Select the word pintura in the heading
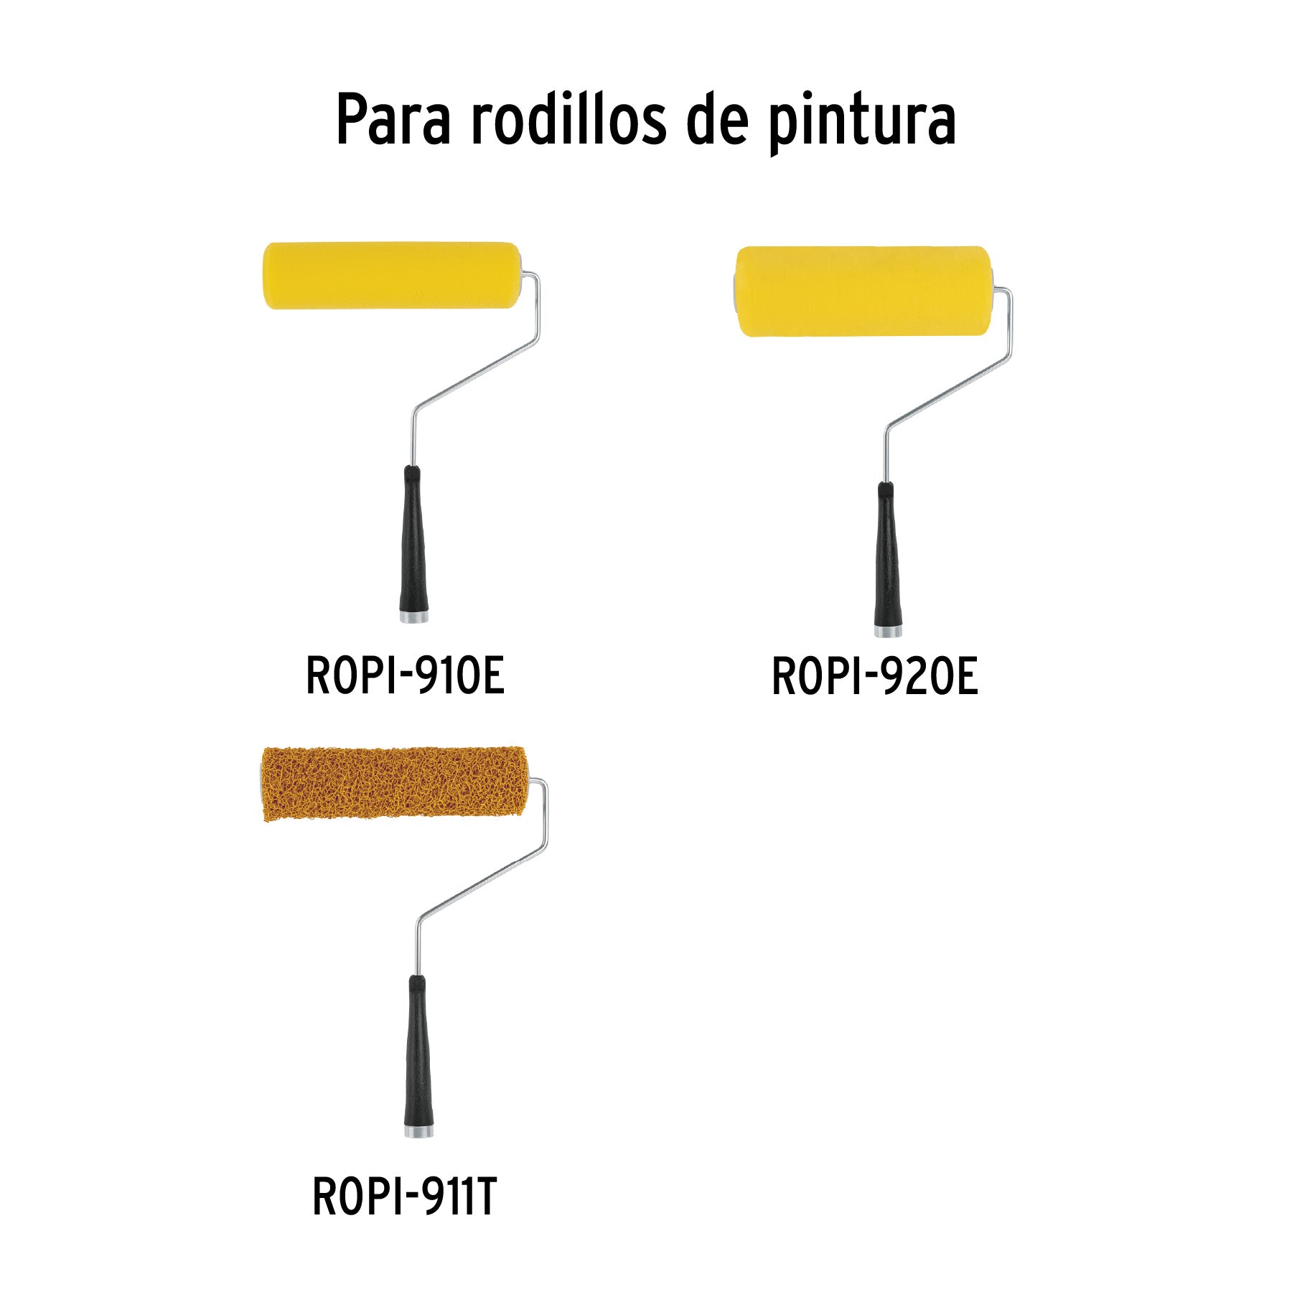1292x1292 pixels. click(x=862, y=122)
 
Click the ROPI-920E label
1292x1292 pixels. click(x=874, y=677)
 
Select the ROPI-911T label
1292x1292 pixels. click(x=404, y=1197)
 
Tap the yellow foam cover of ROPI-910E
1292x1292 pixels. click(x=391, y=276)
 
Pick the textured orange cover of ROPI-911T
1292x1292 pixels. click(x=393, y=784)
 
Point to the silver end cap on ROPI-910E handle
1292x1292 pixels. click(x=414, y=617)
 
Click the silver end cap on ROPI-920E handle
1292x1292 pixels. click(x=888, y=632)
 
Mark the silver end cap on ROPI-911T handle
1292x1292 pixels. click(x=418, y=1131)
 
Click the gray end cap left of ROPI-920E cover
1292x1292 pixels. click(x=736, y=291)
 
